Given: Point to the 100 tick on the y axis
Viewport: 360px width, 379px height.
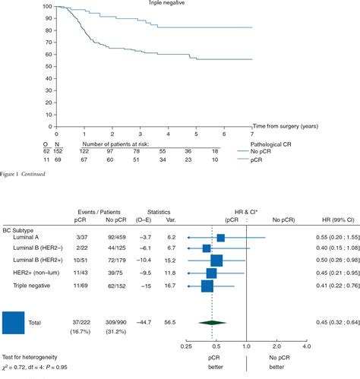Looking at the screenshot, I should tap(47, 7).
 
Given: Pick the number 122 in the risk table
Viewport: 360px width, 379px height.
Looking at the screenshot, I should tap(84, 151).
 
